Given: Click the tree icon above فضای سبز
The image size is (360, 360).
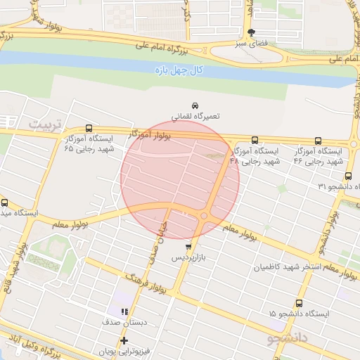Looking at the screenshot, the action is click(x=252, y=32).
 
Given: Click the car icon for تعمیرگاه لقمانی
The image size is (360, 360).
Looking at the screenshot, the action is click(x=195, y=104).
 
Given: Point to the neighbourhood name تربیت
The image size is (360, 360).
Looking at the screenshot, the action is click(x=45, y=124).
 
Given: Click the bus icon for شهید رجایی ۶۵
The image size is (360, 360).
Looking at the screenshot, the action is click(x=89, y=128).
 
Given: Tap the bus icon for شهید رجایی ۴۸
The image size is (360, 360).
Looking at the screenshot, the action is click(x=255, y=140).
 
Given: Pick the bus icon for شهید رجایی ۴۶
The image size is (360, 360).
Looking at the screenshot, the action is click(x=319, y=141).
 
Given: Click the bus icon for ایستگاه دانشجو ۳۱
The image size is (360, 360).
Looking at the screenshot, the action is click(x=348, y=176).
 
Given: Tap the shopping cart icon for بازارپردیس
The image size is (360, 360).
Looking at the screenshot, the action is click(x=188, y=247).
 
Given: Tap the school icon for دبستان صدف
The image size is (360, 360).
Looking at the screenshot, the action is click(x=124, y=311).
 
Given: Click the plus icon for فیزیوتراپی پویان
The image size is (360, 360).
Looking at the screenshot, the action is click(x=124, y=341).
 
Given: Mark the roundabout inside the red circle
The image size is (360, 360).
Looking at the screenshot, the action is click(x=203, y=216).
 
